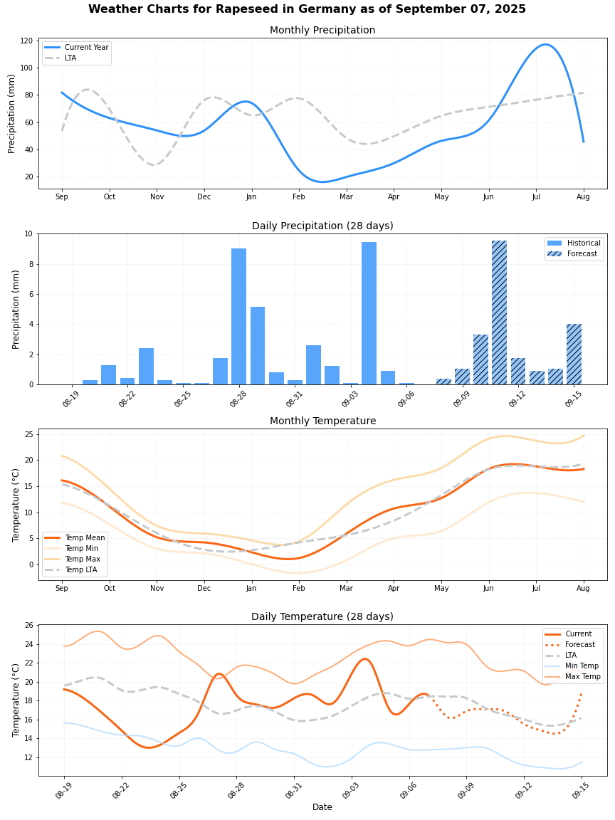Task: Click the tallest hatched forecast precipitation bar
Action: pos(499,313)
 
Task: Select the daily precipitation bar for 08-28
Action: pos(238,317)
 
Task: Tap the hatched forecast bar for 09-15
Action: pos(574,354)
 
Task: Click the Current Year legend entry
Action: pos(86,48)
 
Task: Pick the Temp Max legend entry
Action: pos(84,559)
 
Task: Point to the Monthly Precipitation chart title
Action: pos(322,31)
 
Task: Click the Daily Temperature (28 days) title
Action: pos(322,617)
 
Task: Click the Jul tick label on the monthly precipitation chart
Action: pos(536,196)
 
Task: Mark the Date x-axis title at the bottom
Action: pos(322,807)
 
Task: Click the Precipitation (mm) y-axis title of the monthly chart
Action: pos(12,114)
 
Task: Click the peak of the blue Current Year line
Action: pos(545,45)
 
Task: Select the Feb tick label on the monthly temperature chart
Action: pos(298,589)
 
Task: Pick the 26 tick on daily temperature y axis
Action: pos(28,625)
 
